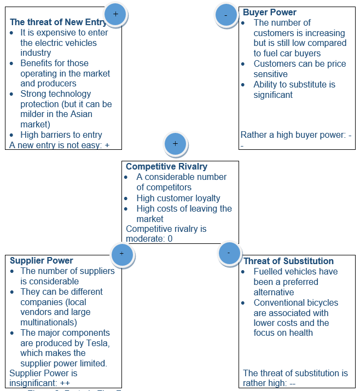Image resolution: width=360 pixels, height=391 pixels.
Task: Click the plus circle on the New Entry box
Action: click(115, 14)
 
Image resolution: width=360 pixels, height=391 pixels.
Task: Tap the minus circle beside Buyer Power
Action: click(227, 15)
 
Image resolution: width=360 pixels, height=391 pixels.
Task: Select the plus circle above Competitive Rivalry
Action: click(175, 144)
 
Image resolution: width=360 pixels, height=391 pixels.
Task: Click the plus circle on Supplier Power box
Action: click(121, 254)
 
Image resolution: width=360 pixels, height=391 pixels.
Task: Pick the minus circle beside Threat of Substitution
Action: click(229, 253)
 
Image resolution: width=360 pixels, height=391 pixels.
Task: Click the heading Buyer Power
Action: click(270, 12)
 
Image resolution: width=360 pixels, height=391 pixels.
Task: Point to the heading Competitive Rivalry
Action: click(167, 166)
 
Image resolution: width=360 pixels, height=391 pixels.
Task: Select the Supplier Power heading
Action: click(42, 261)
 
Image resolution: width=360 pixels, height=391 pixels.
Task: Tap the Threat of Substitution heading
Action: click(288, 261)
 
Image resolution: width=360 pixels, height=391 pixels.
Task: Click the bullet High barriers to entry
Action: click(61, 135)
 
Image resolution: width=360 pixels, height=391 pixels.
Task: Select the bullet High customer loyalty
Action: click(178, 198)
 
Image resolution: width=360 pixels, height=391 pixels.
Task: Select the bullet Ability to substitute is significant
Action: click(294, 89)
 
